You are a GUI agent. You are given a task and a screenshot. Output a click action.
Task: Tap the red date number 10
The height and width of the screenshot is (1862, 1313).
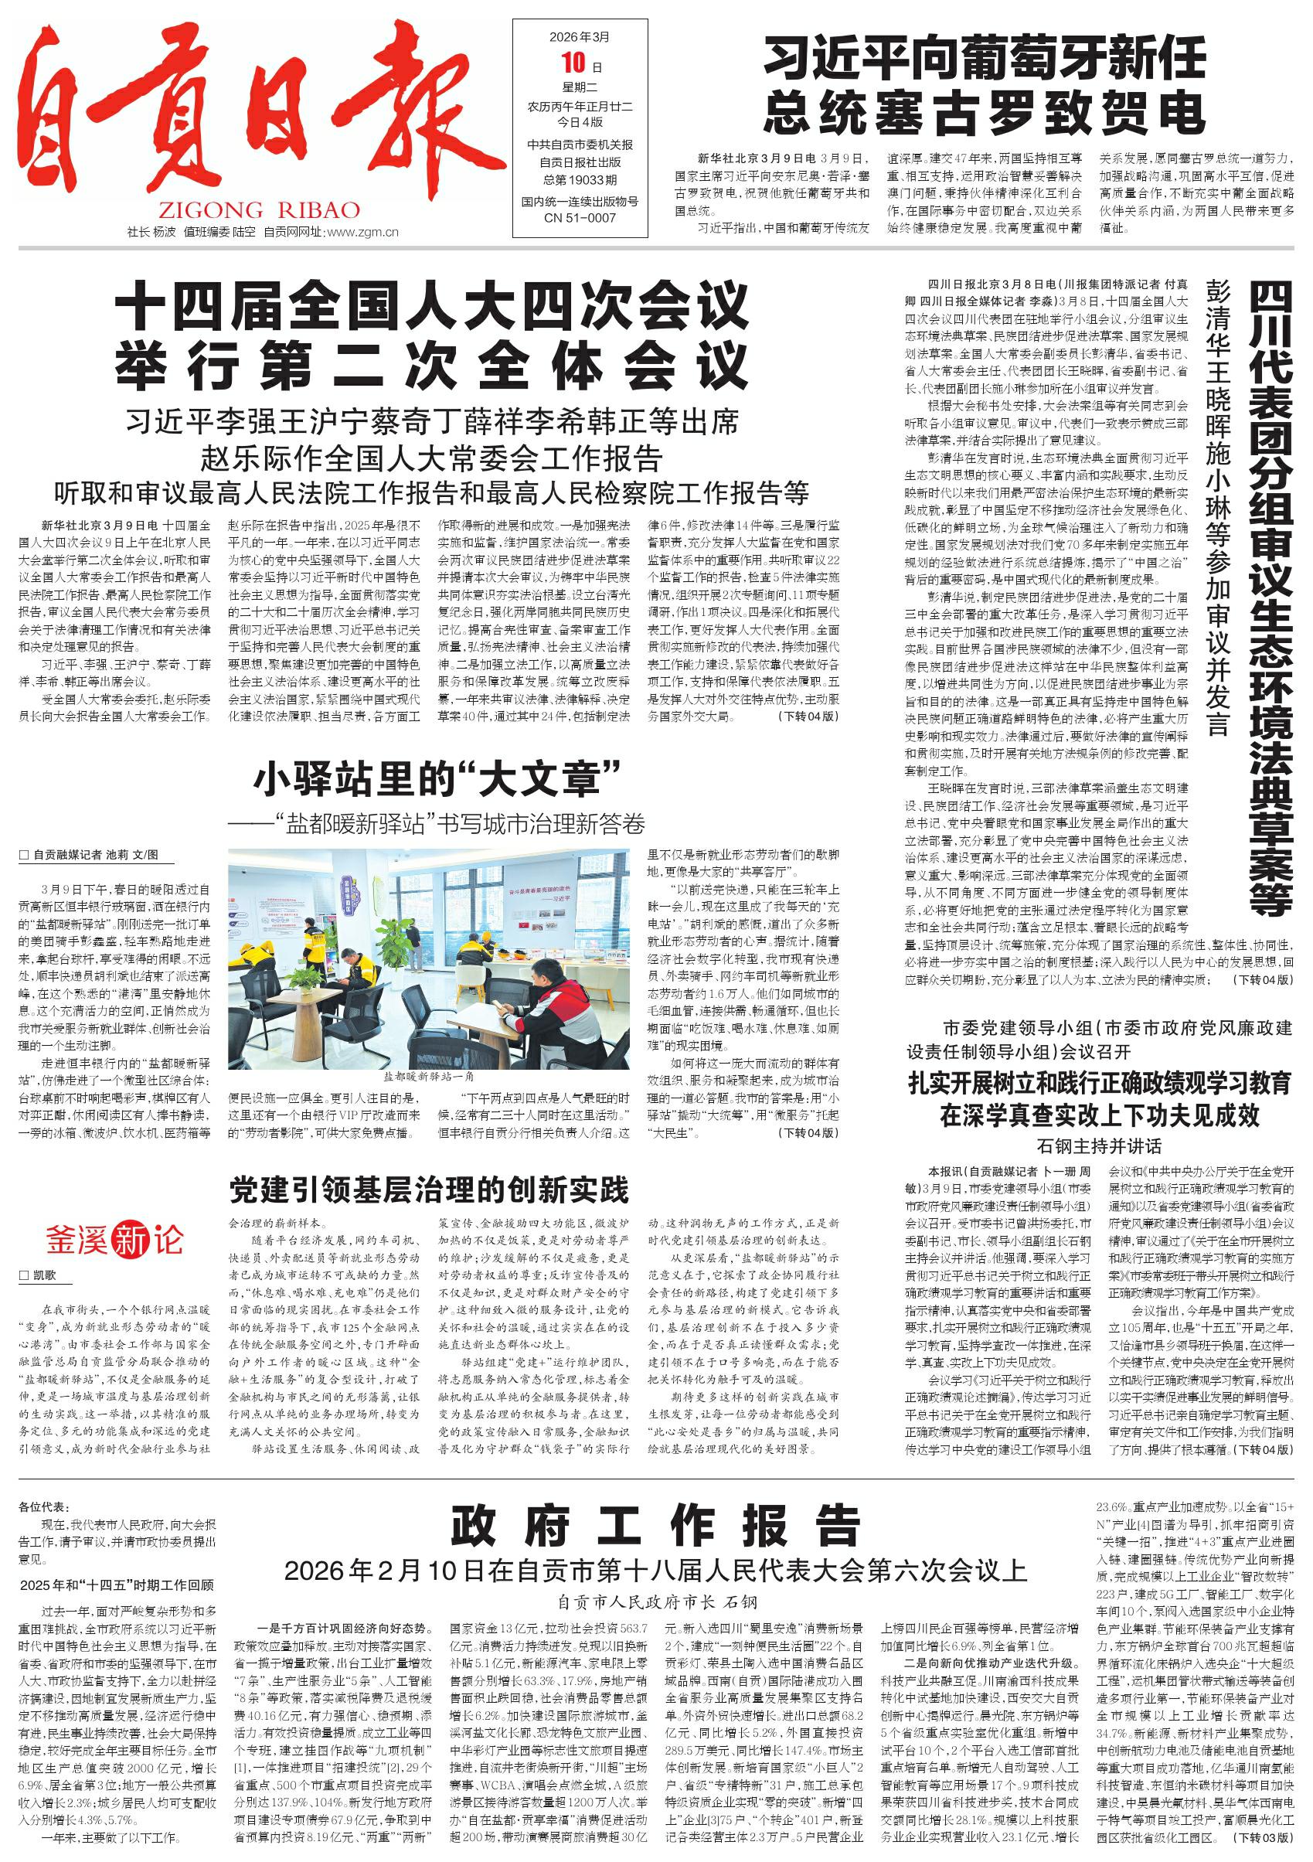(573, 63)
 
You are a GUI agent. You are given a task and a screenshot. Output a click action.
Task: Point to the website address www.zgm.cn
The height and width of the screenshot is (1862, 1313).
(362, 233)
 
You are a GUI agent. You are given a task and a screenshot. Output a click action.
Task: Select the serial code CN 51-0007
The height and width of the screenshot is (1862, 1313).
(580, 217)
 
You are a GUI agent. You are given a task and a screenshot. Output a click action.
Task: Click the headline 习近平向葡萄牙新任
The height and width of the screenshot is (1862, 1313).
(985, 59)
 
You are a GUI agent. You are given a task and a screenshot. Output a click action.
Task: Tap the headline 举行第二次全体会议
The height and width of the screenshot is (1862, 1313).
(431, 366)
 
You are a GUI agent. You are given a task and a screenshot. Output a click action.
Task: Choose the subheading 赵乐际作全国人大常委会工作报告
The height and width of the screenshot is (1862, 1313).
(431, 458)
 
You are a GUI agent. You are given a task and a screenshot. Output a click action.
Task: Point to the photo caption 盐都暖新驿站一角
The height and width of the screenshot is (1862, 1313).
(428, 1077)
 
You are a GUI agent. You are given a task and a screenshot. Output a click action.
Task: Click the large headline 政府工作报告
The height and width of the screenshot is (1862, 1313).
(655, 1526)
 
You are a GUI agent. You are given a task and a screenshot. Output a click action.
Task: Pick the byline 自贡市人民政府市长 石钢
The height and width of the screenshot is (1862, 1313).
(656, 1602)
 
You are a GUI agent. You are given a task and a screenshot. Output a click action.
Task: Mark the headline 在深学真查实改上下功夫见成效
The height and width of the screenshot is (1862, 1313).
(1099, 1115)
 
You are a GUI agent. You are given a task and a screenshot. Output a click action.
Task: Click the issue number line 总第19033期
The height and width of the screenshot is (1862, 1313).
(580, 180)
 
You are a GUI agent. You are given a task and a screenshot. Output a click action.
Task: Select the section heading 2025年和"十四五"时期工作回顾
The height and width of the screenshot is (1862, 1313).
(117, 1585)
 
